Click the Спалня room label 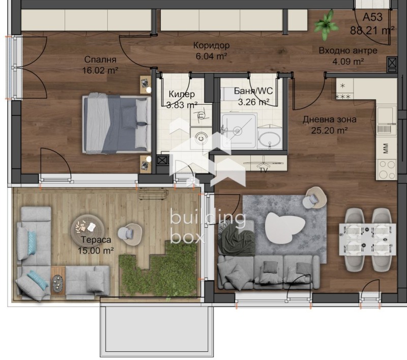[x=100, y=59]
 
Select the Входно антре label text [x=348, y=50]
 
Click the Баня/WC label [x=251, y=92]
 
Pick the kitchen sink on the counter [x=386, y=114]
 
